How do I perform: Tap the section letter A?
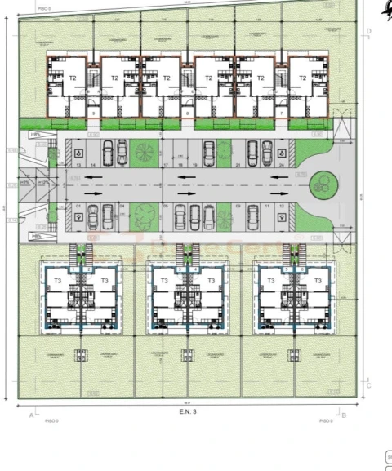[32, 415]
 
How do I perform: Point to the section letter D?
[369, 32]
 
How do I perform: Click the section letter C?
[369, 386]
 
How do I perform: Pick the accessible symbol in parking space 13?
[78, 152]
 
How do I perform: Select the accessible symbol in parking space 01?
[78, 217]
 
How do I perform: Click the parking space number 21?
[237, 165]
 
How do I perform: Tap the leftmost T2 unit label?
[72, 78]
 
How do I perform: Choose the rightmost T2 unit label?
[302, 78]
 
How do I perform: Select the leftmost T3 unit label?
[57, 281]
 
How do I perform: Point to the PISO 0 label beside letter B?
[326, 421]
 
